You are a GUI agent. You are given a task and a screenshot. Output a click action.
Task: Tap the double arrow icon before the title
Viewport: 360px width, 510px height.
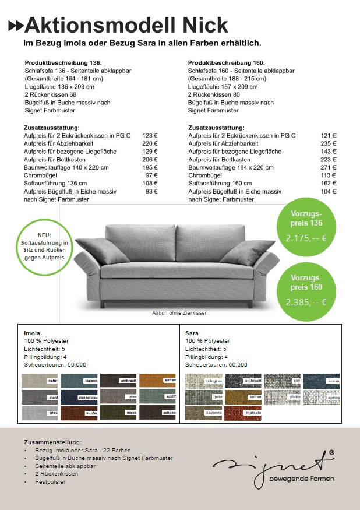click(x=16, y=26)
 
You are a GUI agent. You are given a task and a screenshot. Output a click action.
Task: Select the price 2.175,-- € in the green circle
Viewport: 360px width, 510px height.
click(x=306, y=238)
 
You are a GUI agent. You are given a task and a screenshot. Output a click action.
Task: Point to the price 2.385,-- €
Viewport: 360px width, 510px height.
click(x=306, y=303)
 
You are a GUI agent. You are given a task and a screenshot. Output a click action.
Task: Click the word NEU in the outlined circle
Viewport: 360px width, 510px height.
click(x=44, y=235)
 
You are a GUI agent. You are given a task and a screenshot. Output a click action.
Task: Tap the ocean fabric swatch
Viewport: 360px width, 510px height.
click(x=321, y=381)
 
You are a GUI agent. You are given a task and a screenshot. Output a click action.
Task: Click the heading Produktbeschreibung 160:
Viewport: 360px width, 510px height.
click(x=226, y=62)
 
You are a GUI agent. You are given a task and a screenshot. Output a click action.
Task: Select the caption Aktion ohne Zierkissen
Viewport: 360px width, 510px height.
click(x=180, y=313)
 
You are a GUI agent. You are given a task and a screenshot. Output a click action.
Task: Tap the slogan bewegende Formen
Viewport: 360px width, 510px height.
click(x=302, y=479)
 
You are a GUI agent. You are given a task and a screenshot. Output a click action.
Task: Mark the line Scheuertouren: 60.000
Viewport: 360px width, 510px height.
click(x=216, y=365)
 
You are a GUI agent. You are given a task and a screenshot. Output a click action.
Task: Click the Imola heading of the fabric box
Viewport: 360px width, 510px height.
click(x=32, y=333)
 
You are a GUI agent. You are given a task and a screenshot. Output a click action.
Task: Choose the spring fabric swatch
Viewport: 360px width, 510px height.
click(x=321, y=397)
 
